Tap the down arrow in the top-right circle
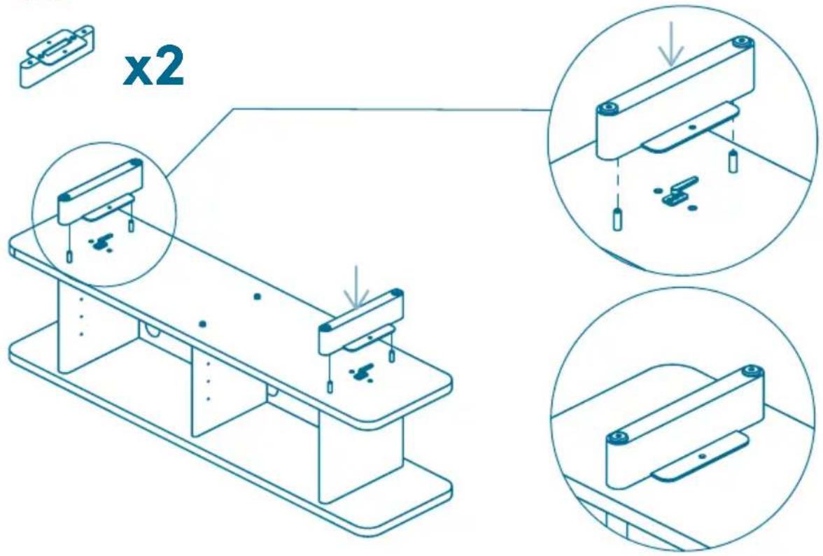[672, 48]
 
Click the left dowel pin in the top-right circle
[617, 220]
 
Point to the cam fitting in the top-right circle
[677, 192]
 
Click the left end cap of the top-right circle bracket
[608, 108]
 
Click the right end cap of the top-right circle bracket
[741, 41]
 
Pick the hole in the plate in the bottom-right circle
[703, 456]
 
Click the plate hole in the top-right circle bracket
[693, 127]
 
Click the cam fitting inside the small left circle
[102, 242]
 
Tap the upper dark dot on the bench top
[257, 297]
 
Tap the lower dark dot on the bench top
[202, 325]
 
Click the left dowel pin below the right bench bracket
[330, 387]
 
